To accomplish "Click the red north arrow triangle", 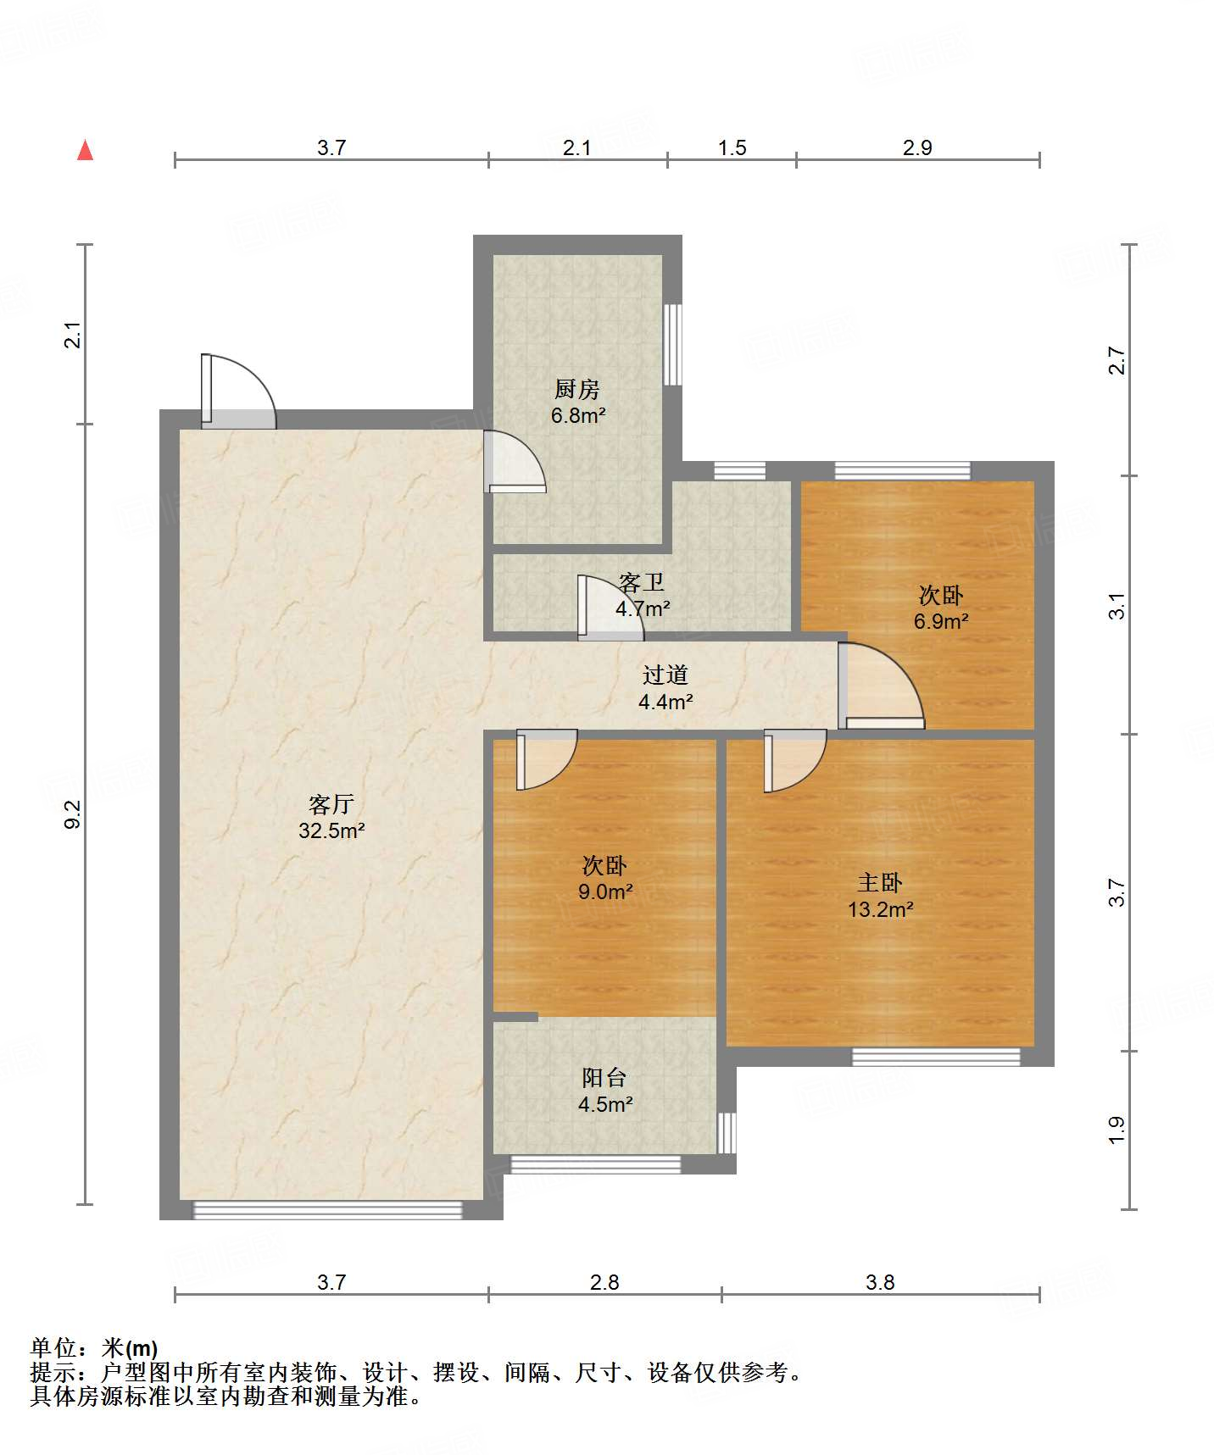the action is click(x=85, y=150).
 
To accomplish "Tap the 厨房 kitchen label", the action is click(x=577, y=389).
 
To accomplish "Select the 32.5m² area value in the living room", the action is click(x=331, y=830).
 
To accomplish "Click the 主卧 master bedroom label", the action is click(x=880, y=883).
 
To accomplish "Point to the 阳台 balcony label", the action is click(x=605, y=1078).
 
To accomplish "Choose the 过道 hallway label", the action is click(x=665, y=675).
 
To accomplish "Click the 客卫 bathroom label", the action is click(x=642, y=582).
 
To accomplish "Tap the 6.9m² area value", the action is click(x=941, y=621).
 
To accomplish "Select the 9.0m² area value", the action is click(x=605, y=891).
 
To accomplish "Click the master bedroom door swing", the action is click(x=795, y=761).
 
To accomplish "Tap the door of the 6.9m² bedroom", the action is click(x=882, y=686).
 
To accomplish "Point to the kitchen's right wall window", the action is click(x=672, y=344).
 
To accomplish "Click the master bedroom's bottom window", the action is click(x=936, y=1057).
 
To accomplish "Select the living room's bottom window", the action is click(x=328, y=1210).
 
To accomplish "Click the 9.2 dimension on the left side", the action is click(x=73, y=814).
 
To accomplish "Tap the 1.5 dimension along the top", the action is click(x=732, y=148).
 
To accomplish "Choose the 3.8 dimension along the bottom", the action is click(x=880, y=1283).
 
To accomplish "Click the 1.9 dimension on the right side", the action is click(x=1117, y=1130).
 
